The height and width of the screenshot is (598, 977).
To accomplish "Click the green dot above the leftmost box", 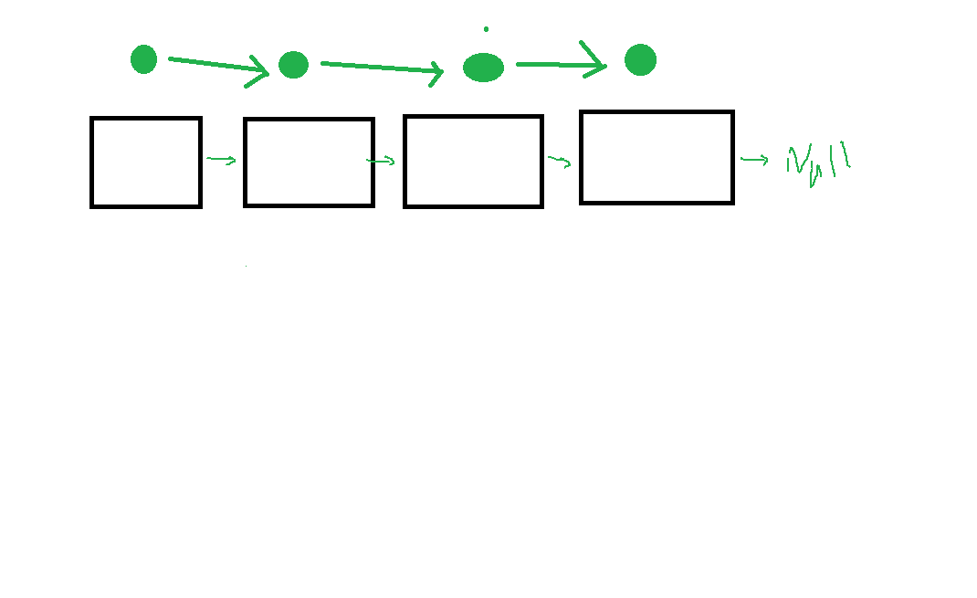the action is (x=143, y=59).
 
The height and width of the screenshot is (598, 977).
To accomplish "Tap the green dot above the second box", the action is (x=293, y=65).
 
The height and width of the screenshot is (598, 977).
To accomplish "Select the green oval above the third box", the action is (x=483, y=67).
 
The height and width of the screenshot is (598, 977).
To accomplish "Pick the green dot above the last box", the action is (x=640, y=60).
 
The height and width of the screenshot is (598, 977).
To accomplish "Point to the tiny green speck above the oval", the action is (x=486, y=29).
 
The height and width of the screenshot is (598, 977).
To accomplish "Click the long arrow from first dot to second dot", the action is (x=215, y=65).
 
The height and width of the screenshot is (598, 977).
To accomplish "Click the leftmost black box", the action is (x=146, y=163).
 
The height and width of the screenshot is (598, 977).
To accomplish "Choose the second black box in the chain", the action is (x=309, y=163).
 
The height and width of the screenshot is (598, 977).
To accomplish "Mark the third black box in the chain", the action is (x=473, y=162).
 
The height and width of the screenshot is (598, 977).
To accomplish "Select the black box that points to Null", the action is (x=657, y=157).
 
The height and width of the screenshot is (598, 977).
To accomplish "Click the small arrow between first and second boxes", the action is (x=222, y=161).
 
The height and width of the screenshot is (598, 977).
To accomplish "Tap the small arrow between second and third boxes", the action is (x=382, y=162).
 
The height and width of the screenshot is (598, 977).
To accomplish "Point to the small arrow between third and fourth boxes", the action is (x=560, y=162).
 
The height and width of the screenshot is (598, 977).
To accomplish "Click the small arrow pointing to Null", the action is (x=754, y=161).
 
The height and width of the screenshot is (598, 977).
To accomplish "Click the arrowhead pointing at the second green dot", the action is (x=260, y=70).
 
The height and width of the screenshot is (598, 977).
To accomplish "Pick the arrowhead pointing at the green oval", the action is (x=436, y=73).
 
